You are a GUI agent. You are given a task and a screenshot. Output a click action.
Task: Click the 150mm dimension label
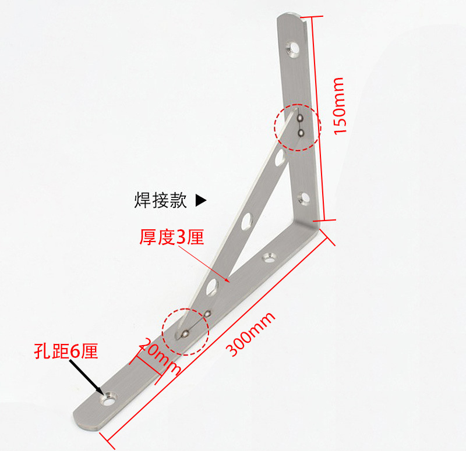340,106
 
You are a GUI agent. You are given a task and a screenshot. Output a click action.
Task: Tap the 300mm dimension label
251,336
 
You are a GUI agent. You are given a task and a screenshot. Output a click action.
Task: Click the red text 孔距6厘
66,351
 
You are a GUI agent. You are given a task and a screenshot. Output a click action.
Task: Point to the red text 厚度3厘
171,237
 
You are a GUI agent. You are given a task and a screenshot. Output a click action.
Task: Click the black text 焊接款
160,201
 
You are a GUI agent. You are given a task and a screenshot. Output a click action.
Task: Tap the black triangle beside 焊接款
200,201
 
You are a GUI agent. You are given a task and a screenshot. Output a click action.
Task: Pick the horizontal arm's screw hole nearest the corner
269,255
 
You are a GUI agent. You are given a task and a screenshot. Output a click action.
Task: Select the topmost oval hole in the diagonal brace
280,157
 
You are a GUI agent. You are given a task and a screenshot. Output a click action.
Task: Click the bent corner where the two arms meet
315,222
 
